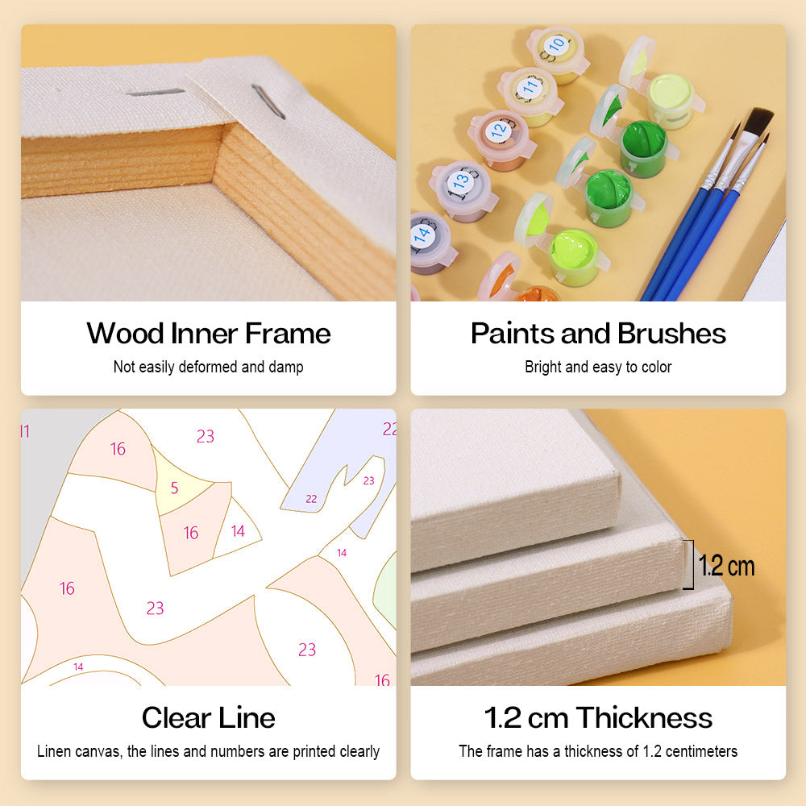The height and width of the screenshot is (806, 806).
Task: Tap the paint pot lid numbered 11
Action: tap(530, 87)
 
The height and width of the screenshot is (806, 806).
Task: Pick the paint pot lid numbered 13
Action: tap(460, 181)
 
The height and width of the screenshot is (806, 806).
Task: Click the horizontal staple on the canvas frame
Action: tap(155, 93)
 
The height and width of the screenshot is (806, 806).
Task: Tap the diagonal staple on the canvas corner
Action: tap(268, 102)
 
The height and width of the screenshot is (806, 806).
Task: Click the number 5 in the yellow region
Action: tap(174, 488)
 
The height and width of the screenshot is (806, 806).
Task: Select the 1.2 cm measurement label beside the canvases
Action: tap(726, 566)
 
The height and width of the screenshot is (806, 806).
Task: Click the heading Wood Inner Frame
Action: tap(208, 333)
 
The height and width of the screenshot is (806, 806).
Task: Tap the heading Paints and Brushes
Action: tap(598, 333)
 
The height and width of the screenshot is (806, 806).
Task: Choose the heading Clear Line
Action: tap(208, 717)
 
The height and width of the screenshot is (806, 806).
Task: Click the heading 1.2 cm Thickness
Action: tap(598, 717)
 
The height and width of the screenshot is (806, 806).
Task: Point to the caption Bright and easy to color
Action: tap(598, 367)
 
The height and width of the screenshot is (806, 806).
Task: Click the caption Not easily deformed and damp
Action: tap(208, 367)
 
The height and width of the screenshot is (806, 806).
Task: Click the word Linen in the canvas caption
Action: tap(54, 751)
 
